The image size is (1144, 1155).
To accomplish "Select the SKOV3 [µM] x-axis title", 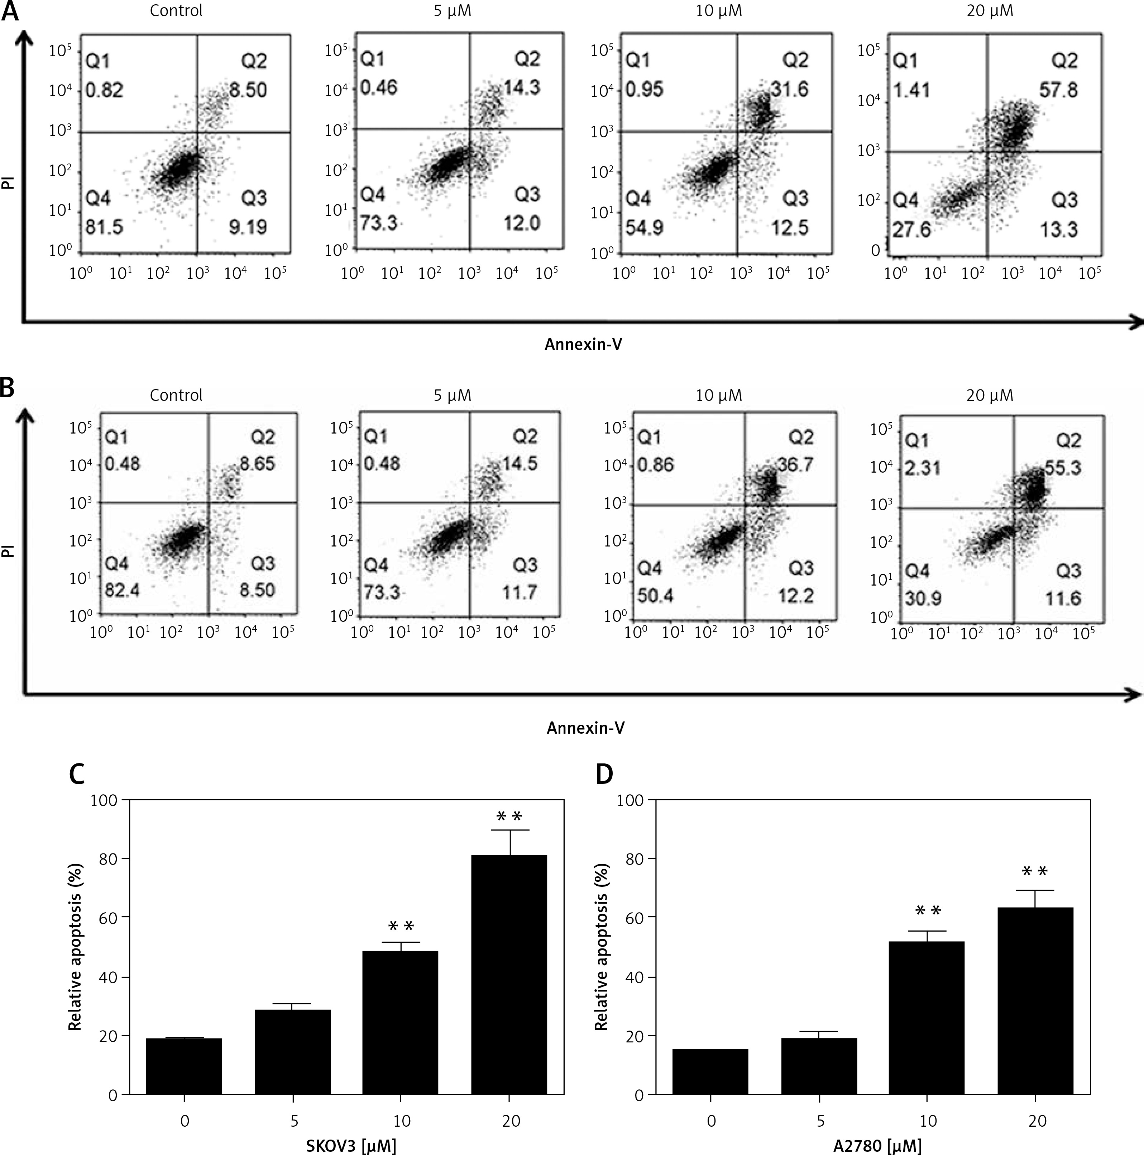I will click(351, 1145).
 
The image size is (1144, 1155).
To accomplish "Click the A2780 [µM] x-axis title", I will click(877, 1145).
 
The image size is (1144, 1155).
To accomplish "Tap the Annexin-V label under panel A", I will click(583, 344).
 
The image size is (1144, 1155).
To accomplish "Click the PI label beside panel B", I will click(8, 550).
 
